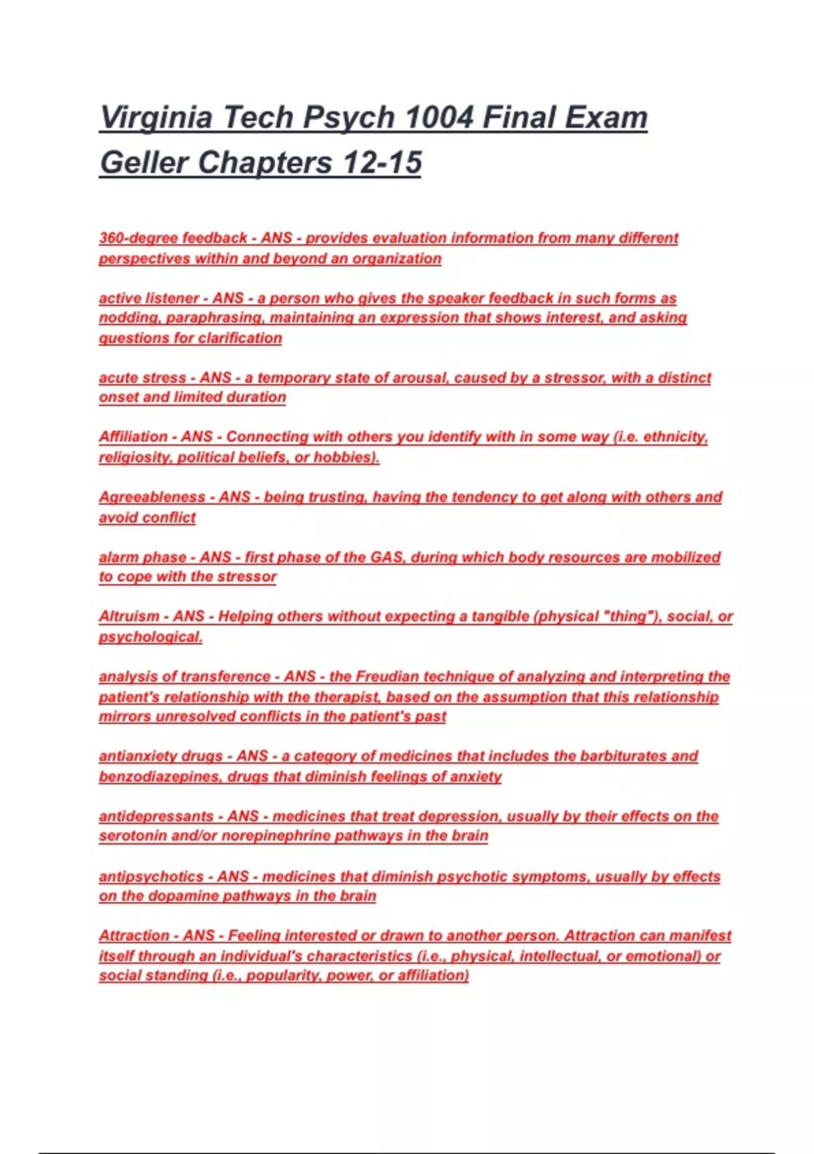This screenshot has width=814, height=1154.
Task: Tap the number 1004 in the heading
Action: pyautogui.click(x=435, y=117)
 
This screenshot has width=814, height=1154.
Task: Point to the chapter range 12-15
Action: pyautogui.click(x=382, y=163)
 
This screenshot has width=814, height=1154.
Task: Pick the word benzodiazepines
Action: pyautogui.click(x=159, y=777)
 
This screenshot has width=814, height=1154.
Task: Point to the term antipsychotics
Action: pyautogui.click(x=151, y=876)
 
